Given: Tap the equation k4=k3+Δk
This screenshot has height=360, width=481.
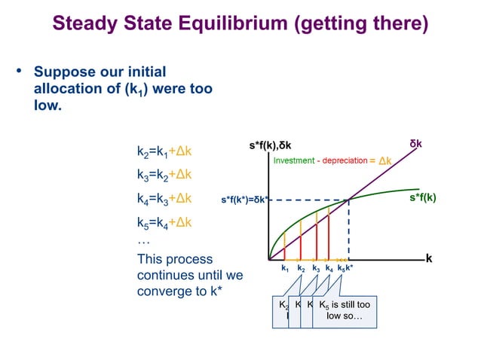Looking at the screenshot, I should point(164,199).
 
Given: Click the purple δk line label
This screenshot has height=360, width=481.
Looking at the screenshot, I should point(415,142).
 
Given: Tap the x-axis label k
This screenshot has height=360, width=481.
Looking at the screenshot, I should point(429,258).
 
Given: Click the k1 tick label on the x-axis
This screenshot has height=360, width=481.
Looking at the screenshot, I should point(285,268).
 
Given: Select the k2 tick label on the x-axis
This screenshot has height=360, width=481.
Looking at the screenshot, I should point(301,268).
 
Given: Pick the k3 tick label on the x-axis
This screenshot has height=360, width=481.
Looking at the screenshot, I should point(317,268).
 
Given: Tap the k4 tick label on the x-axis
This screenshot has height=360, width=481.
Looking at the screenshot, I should point(329,268).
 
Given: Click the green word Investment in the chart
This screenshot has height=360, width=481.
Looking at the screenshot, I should point(294,161).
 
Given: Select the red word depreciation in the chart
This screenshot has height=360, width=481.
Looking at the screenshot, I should point(344,161).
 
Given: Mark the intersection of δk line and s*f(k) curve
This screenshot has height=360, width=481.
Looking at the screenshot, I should point(349,200).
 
